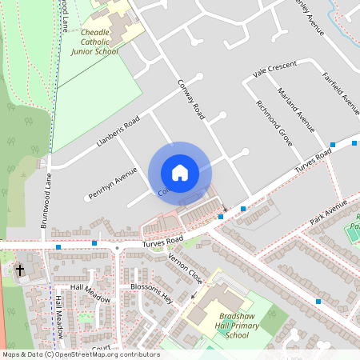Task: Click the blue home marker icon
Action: [179, 173]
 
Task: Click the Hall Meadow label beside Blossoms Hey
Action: [89, 288]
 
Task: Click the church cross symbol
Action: [20, 270]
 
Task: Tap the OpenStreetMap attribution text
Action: [81, 354]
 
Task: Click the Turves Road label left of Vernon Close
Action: [163, 239]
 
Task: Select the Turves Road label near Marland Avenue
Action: [313, 162]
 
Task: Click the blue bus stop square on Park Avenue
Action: [318, 302]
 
